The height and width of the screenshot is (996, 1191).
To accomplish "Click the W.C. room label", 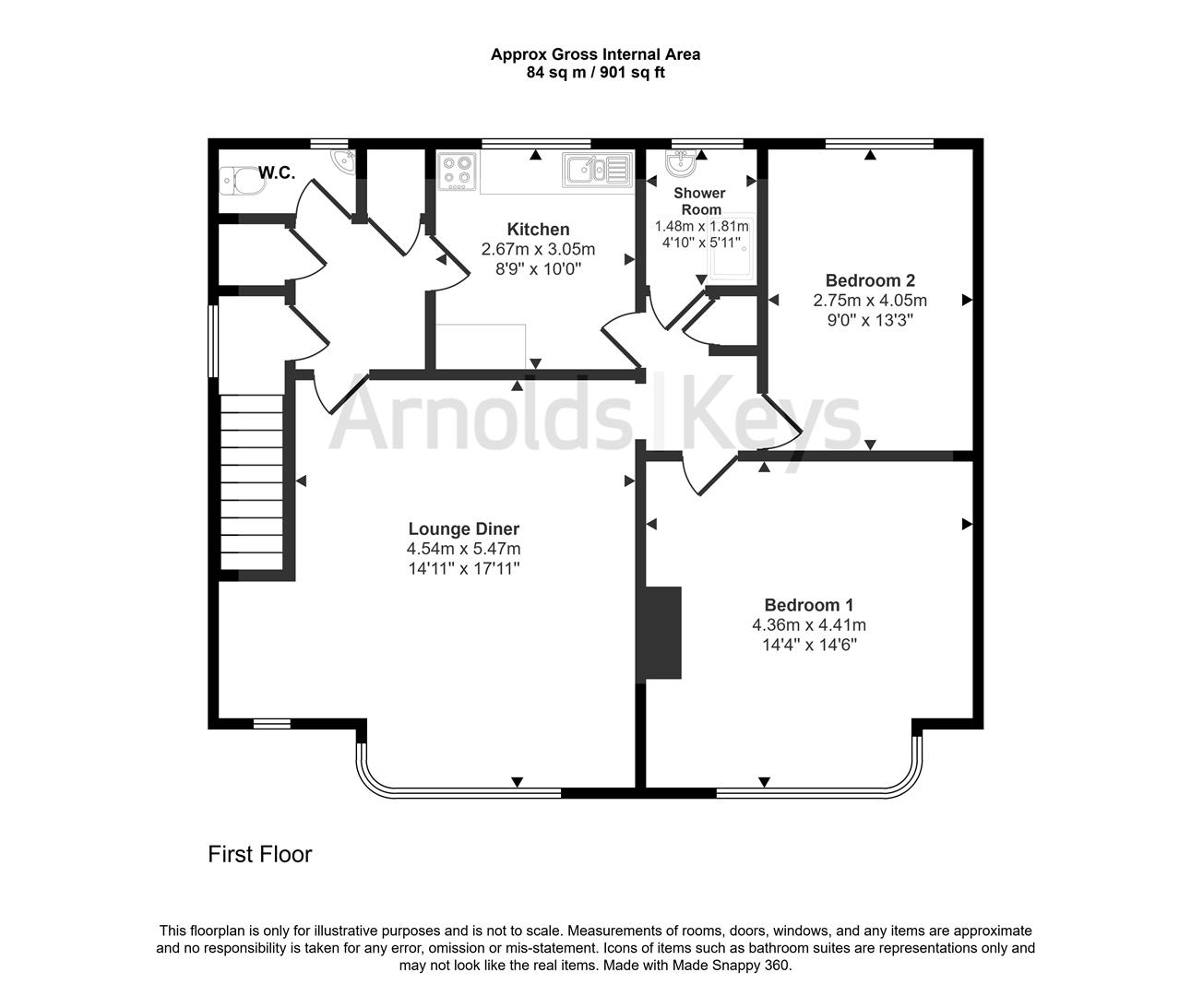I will click(x=276, y=172).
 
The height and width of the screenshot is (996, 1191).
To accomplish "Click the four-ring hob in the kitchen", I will click(x=457, y=172).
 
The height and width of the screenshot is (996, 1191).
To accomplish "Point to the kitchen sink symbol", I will click(x=595, y=169).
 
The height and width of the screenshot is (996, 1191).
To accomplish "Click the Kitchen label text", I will click(x=538, y=230).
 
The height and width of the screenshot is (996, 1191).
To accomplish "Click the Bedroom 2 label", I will click(x=869, y=280).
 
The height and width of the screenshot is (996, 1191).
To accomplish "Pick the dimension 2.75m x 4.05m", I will click(x=869, y=301).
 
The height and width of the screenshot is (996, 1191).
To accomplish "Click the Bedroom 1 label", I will click(x=808, y=605).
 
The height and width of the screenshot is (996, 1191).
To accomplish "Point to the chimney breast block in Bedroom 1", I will click(x=662, y=633).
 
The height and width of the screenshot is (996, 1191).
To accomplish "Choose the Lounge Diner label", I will click(x=463, y=529).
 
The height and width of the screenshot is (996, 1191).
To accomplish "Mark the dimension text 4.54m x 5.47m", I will click(x=463, y=550).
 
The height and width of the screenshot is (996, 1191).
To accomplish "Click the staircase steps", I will click(x=251, y=484).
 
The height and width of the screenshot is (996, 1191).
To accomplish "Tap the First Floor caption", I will click(x=259, y=855).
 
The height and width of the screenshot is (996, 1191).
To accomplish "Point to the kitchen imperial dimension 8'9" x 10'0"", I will click(x=538, y=268).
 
